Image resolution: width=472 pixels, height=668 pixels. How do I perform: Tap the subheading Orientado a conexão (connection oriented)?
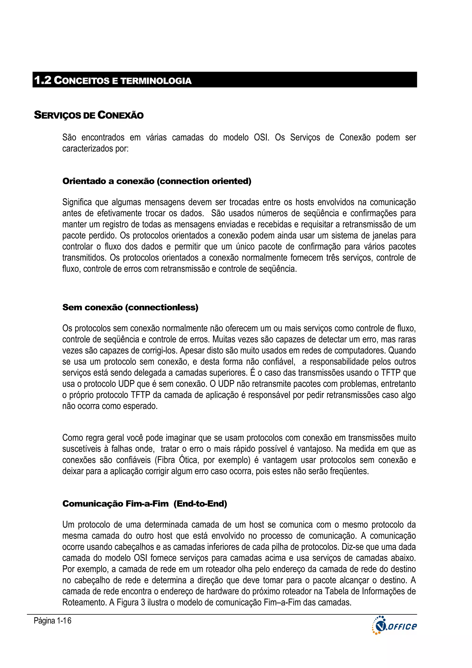click(157, 181)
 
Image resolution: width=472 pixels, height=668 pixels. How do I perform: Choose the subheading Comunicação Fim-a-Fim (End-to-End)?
click(145, 504)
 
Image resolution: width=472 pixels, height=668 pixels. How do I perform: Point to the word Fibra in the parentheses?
click(166, 460)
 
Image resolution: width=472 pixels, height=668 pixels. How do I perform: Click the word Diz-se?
click(352, 547)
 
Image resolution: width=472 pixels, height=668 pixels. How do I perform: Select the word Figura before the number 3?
click(127, 603)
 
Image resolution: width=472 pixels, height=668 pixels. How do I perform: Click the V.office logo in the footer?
click(394, 626)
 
